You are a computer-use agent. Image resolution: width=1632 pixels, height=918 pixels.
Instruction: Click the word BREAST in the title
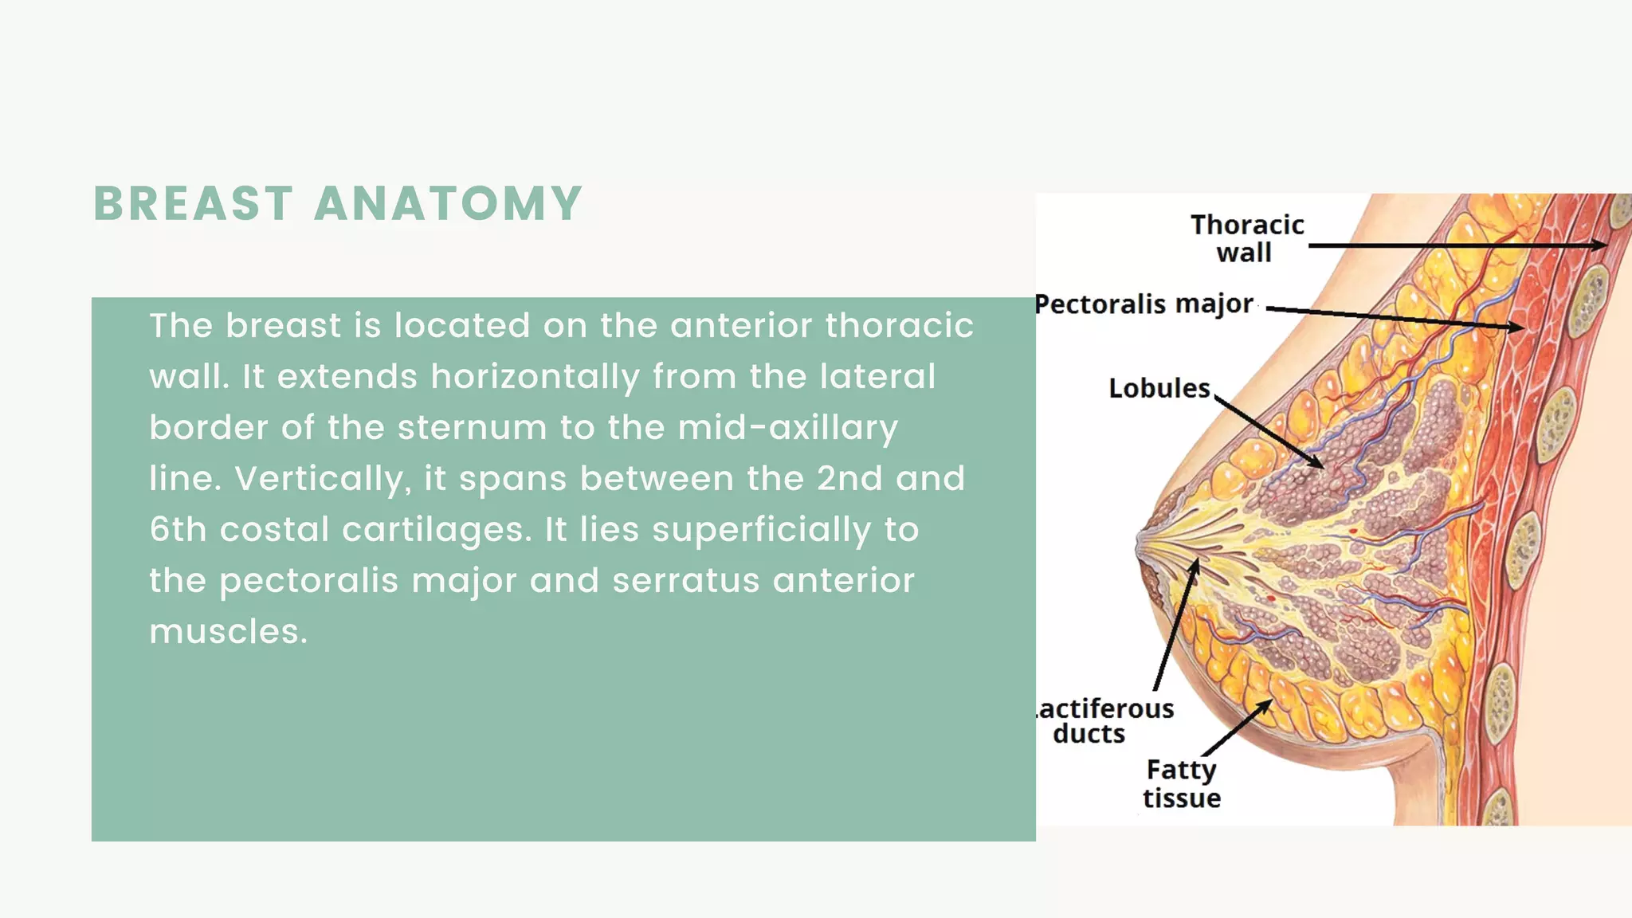pyautogui.click(x=194, y=203)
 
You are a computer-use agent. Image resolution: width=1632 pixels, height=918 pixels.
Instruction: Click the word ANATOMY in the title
pyautogui.click(x=449, y=203)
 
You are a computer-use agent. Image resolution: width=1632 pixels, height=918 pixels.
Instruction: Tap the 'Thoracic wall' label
pyautogui.click(x=1246, y=238)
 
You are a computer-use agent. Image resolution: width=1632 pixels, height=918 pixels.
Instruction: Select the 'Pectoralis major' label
pyautogui.click(x=1144, y=304)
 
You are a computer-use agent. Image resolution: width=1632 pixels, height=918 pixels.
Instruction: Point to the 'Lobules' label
pyautogui.click(x=1159, y=388)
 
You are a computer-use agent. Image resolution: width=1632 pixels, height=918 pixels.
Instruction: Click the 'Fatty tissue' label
pyautogui.click(x=1182, y=783)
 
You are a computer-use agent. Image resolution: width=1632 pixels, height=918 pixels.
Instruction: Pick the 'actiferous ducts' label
pyautogui.click(x=1105, y=720)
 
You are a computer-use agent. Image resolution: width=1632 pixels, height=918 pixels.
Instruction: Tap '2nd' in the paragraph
pyautogui.click(x=849, y=479)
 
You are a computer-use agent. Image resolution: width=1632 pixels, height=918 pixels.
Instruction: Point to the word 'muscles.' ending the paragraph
pyautogui.click(x=228, y=632)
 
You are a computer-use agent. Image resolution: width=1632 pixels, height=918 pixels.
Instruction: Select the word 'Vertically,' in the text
pyautogui.click(x=323, y=479)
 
